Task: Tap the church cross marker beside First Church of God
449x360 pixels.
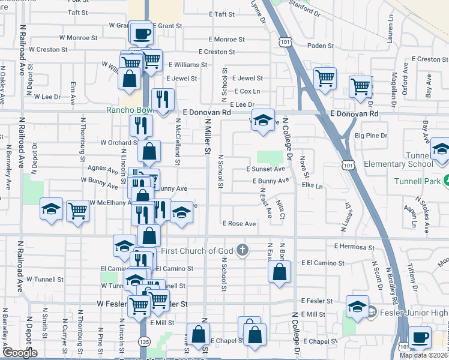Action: (x=242, y=250)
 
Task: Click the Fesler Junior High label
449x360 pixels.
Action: (x=414, y=313)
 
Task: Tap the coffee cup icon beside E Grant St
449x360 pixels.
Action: (x=141, y=34)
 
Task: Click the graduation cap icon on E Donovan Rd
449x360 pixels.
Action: (x=262, y=120)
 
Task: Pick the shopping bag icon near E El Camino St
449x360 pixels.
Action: (x=280, y=271)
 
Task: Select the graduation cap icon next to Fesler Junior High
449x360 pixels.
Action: (x=357, y=306)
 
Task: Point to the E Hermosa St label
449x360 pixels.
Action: (x=354, y=247)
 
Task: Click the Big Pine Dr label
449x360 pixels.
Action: (x=371, y=136)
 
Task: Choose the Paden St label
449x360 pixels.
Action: (x=320, y=45)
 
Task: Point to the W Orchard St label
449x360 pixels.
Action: (x=116, y=143)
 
